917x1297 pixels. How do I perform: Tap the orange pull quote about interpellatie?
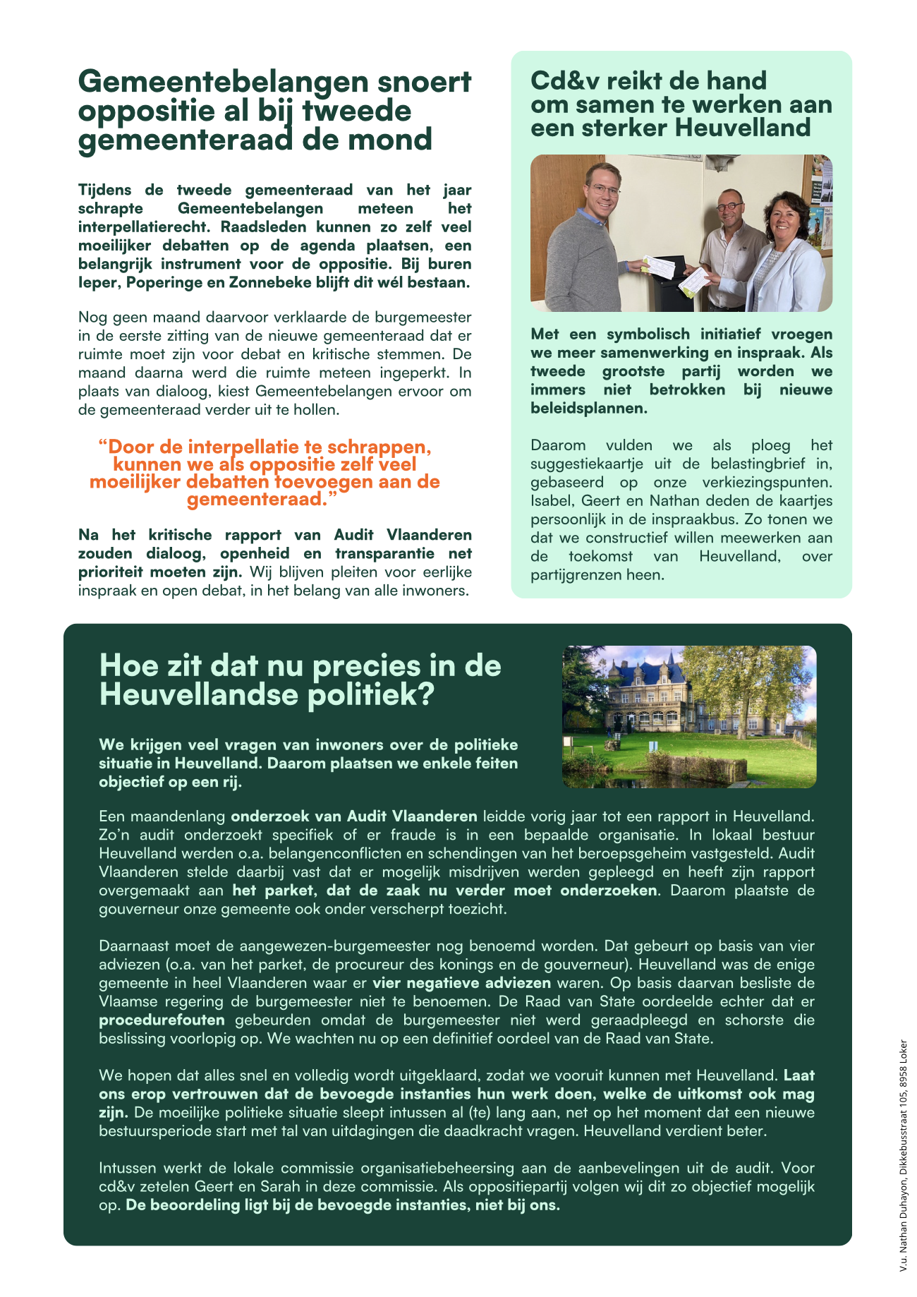point(265,473)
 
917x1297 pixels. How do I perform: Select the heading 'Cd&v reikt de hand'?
point(648,81)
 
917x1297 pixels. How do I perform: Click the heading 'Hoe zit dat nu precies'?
point(300,666)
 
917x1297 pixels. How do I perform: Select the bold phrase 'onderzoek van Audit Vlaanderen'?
point(354,816)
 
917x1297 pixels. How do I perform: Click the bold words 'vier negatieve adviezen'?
point(461,983)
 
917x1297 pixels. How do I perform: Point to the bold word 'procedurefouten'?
point(162,1020)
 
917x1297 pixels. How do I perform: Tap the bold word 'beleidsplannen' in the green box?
point(587,408)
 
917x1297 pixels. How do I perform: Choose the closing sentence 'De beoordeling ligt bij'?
point(343,1205)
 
